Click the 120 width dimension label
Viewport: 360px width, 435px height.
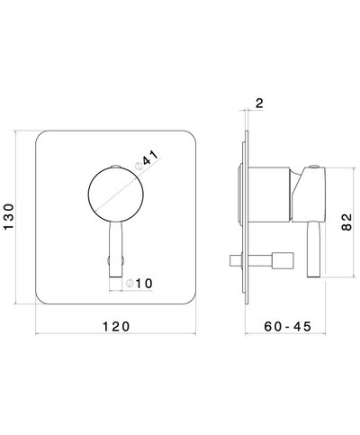click(116, 325)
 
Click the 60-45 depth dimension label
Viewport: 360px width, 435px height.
click(287, 325)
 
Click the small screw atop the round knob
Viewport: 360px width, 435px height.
click(115, 167)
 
